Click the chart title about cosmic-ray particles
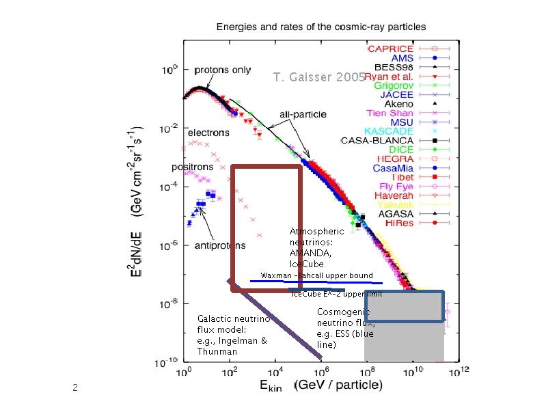[x=320, y=27]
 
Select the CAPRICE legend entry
[x=390, y=49]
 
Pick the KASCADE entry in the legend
[x=387, y=131]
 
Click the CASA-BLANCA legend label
[x=377, y=140]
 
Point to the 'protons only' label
[x=223, y=70]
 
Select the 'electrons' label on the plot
[x=208, y=132]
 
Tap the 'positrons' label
[x=192, y=167]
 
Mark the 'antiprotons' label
[x=221, y=245]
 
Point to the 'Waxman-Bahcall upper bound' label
[x=316, y=275]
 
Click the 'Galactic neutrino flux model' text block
[x=233, y=335]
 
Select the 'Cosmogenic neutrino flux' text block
[x=346, y=328]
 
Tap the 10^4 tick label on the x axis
[x=275, y=372]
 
